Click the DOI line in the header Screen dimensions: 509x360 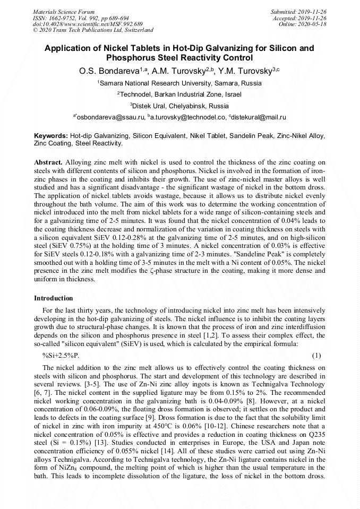point(88,24)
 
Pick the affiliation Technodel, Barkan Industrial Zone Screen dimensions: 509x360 point(179,94)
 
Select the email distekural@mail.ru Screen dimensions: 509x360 point(258,117)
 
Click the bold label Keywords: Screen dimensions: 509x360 point(51,136)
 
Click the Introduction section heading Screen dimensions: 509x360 point(54,298)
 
